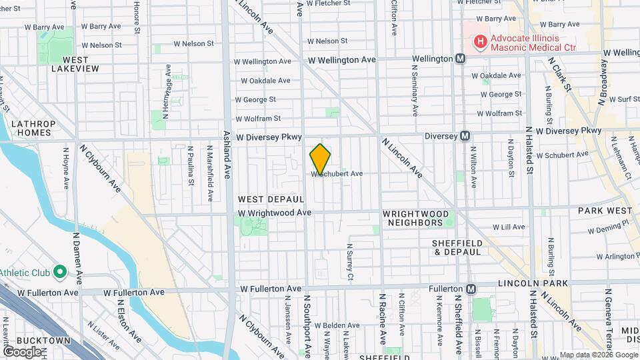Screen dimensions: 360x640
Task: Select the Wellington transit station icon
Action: pos(460,59)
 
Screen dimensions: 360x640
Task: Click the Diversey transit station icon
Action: pos(465,135)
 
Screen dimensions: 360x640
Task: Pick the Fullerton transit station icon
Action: pos(471,289)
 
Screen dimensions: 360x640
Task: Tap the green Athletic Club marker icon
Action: pos(59,272)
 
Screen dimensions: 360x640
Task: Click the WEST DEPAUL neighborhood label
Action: pos(271,199)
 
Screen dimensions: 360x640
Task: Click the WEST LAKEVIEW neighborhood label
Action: pos(75,64)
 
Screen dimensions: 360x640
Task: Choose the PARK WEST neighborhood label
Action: pos(605,211)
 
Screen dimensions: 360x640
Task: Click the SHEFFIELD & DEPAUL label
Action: pos(457,247)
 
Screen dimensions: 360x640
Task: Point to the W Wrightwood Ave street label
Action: pos(276,213)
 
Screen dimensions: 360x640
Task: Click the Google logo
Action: pos(22,351)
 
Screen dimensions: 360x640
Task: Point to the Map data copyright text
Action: pos(599,355)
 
